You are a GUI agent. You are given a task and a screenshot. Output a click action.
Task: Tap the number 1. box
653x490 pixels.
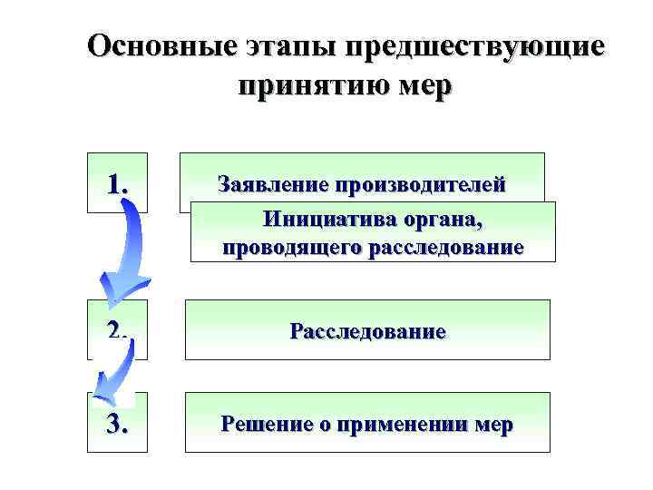click(117, 183)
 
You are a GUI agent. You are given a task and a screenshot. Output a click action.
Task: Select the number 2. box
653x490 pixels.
click(117, 329)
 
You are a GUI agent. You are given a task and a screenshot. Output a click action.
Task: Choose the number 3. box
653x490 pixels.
click(117, 422)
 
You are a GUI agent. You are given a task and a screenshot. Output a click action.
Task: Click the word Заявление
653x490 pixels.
click(273, 185)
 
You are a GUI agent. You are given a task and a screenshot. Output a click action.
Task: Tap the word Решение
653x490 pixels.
click(266, 424)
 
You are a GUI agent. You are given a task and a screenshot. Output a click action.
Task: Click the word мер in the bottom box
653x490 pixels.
click(493, 425)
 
